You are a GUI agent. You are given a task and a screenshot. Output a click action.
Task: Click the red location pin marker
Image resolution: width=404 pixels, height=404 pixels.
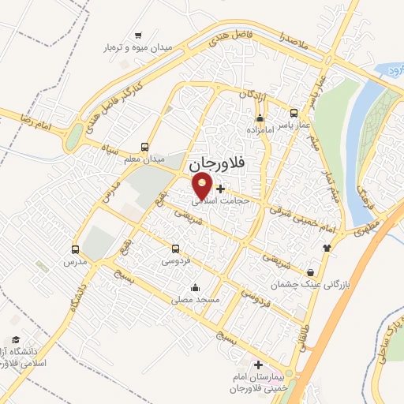[x=203, y=186]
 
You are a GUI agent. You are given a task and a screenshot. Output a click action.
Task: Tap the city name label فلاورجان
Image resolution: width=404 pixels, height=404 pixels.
[x=218, y=164]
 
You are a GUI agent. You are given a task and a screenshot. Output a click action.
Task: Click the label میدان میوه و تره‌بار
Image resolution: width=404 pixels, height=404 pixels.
[x=140, y=47]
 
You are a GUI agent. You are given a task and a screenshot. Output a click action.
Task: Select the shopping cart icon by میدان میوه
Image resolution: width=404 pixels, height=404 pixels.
[x=139, y=35]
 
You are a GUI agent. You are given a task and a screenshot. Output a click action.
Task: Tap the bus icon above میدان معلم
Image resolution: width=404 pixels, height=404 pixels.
[x=144, y=147]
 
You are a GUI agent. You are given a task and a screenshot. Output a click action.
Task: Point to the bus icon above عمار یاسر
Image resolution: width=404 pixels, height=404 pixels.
[x=294, y=113]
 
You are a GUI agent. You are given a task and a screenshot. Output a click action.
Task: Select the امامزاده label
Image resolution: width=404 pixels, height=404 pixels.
[x=259, y=128]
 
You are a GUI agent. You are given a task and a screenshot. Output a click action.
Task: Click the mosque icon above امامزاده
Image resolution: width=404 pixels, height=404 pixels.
[x=258, y=116]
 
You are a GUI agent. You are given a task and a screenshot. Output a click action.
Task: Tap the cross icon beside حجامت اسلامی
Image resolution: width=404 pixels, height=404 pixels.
[x=220, y=188]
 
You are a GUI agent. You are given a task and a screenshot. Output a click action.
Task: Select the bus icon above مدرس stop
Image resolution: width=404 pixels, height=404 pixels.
[x=76, y=248]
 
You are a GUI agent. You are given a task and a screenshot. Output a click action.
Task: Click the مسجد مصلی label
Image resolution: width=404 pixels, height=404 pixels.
[x=195, y=300]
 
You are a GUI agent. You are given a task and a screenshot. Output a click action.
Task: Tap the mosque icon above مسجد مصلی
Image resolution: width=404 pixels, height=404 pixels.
[x=195, y=288]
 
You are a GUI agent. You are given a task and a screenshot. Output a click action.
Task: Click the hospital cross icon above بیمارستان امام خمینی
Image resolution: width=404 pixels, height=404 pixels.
[x=258, y=367]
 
